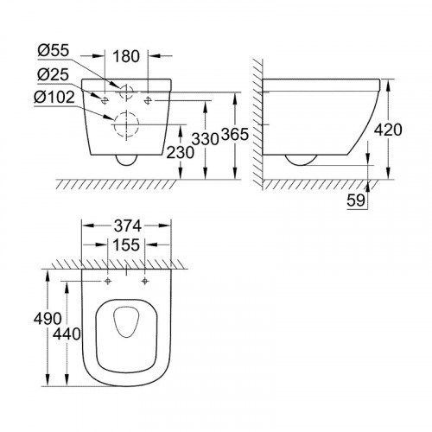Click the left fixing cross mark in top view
pyautogui.click(x=106, y=282)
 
